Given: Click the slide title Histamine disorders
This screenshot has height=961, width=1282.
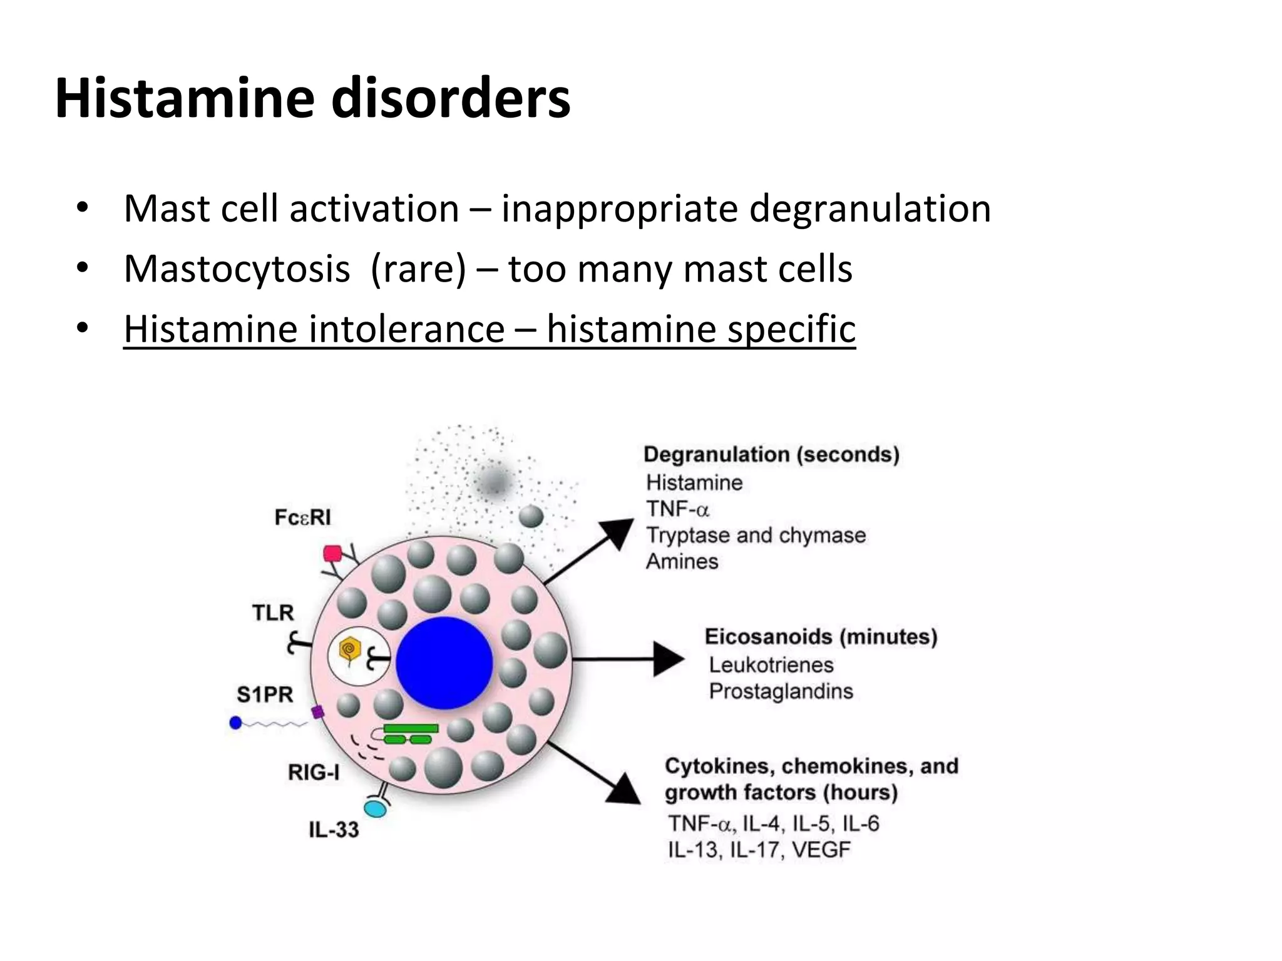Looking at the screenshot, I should click(312, 99).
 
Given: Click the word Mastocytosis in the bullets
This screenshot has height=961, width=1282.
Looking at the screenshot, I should click(237, 269).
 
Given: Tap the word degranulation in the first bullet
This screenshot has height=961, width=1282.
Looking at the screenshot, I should click(870, 208).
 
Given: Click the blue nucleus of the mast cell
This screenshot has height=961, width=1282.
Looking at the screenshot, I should click(444, 663).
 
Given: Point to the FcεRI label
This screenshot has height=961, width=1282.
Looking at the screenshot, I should click(302, 517).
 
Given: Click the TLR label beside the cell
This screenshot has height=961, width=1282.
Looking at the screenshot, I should click(273, 613).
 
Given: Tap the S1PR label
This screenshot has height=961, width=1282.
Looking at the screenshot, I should click(265, 694).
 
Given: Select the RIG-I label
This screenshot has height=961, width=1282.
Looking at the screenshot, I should click(313, 773).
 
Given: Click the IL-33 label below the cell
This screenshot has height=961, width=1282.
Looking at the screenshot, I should click(334, 830).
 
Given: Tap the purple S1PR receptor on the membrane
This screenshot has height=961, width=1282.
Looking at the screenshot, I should click(318, 712).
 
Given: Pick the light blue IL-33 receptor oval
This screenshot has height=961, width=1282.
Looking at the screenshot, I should click(376, 809).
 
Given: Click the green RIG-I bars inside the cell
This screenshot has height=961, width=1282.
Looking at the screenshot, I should click(410, 734).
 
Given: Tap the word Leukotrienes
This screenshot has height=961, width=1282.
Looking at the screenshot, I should click(771, 664).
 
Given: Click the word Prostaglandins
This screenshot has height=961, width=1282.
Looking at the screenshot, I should click(781, 691).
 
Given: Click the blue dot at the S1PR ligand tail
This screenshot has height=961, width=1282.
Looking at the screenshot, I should click(235, 723).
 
